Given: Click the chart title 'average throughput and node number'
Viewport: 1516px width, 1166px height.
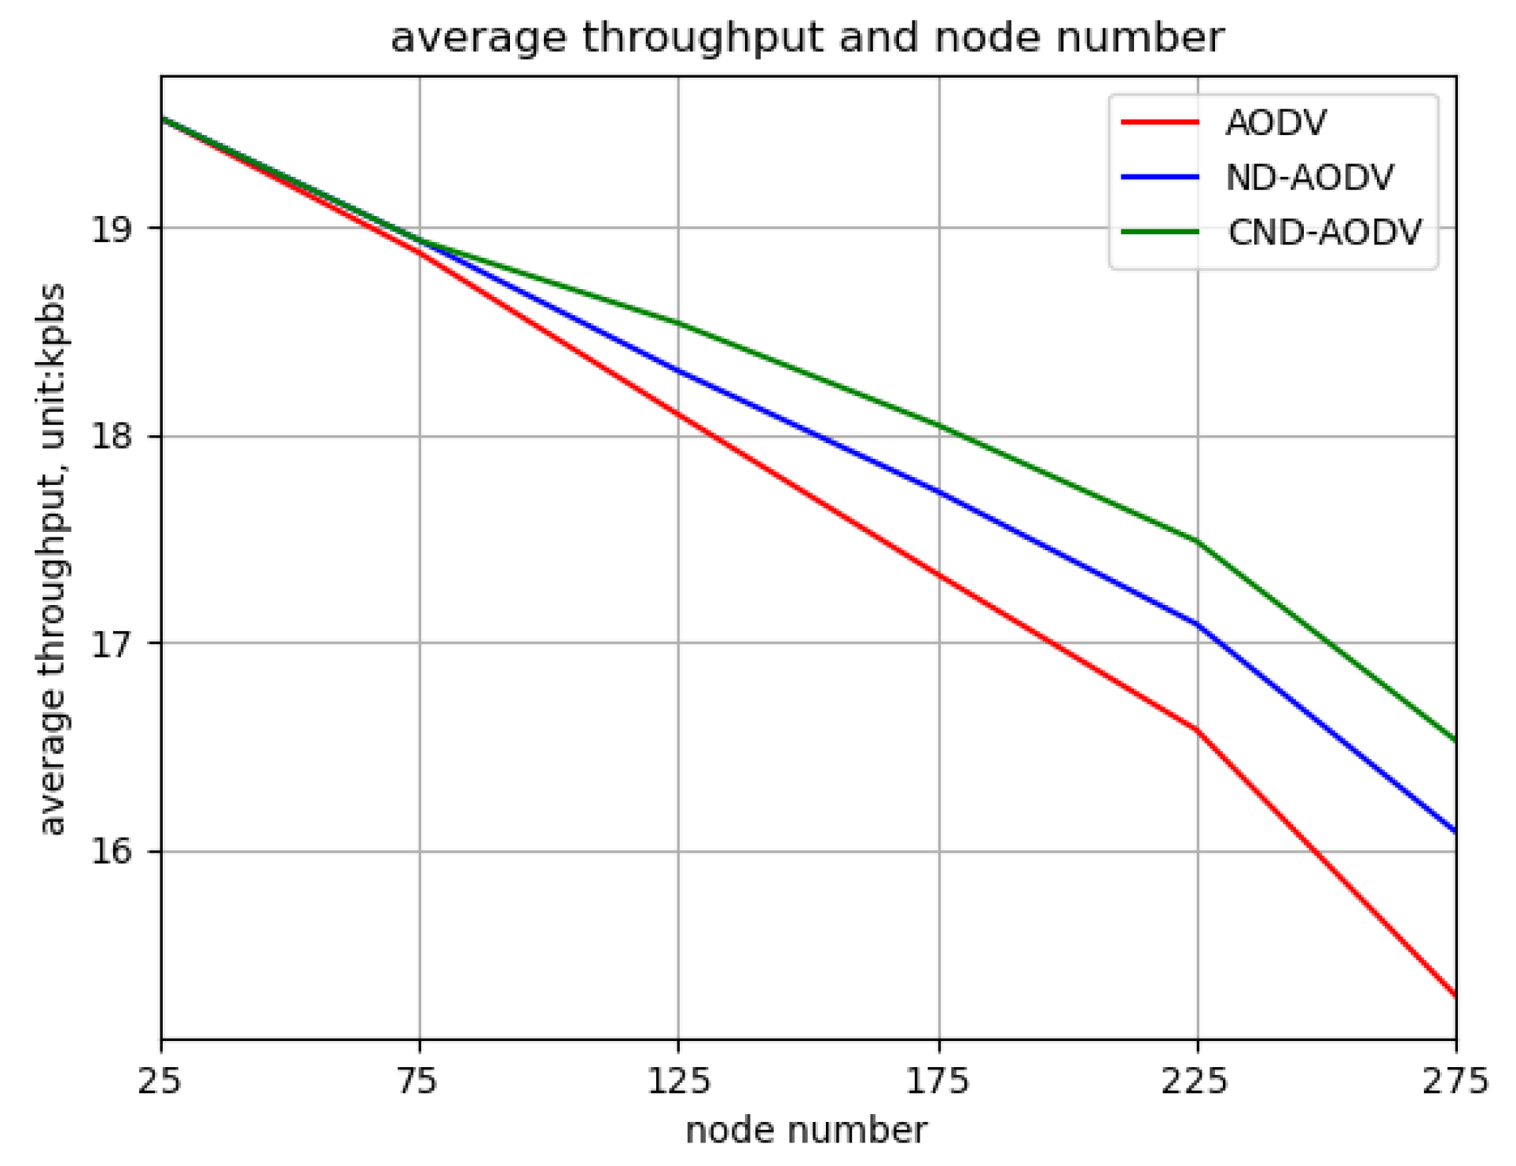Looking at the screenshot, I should coord(807,38).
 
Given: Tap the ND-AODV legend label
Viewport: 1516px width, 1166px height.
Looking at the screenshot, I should coord(1309,178).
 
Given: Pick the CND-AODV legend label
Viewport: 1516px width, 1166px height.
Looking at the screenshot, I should coord(1324,233).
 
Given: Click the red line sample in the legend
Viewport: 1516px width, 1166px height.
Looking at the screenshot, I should coord(1160,123).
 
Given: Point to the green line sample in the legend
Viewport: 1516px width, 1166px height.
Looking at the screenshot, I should coord(1160,233).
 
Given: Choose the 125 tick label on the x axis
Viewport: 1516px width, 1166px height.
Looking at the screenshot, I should coord(678,1083).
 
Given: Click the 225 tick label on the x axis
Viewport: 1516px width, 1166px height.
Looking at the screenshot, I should coord(1197,1083).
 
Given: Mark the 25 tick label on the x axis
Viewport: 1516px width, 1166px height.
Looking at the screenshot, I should coord(160,1083).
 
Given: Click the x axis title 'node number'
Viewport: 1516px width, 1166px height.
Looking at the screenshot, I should coord(807,1132).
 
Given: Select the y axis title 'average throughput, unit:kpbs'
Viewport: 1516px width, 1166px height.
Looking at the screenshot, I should coord(53,559).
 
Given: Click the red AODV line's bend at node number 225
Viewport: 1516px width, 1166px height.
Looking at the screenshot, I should coord(1197,731).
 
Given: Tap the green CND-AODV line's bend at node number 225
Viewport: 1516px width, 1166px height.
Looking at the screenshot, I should coord(1197,541).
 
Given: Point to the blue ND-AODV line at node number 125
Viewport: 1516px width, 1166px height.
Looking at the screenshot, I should coord(678,371).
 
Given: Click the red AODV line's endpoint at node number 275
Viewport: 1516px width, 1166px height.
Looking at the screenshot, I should coord(1455,995).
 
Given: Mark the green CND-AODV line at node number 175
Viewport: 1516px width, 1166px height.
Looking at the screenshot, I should coord(940,427).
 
